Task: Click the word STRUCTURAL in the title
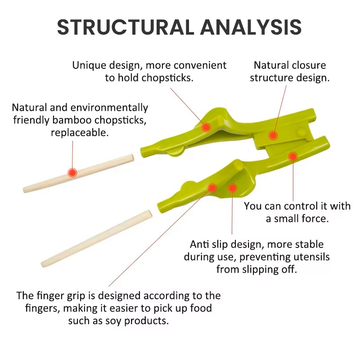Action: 126,27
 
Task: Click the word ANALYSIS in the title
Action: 251,27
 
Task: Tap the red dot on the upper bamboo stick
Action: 72,172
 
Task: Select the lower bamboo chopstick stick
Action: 96,238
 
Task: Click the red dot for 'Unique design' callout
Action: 206,127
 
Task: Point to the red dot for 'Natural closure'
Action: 273,135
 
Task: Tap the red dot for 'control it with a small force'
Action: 293,157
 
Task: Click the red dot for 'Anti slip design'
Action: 232,188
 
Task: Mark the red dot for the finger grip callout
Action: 212,188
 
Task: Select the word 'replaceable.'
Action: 80,132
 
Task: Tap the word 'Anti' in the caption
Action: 199,244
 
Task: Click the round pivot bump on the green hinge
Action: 301,133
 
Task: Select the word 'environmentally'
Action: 109,108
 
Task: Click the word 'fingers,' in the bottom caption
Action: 43,308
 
